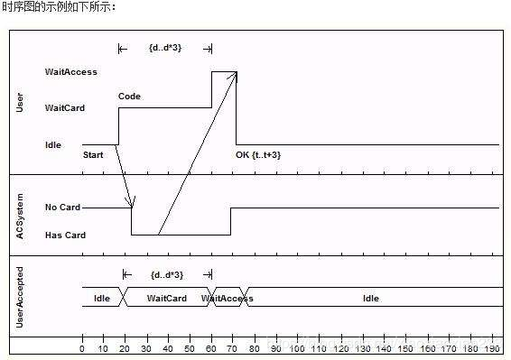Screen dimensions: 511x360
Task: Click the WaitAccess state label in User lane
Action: pos(70,71)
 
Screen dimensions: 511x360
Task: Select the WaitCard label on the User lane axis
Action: pos(65,108)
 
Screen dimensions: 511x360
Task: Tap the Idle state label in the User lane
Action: pos(53,144)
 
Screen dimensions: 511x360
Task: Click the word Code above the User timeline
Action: pos(129,97)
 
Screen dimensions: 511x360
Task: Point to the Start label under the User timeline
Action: pos(93,155)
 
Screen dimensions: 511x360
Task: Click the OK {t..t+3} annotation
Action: pos(258,155)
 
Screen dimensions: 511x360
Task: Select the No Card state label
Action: pos(62,208)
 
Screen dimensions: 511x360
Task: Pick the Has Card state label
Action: pos(64,235)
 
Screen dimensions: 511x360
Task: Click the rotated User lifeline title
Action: pos(21,101)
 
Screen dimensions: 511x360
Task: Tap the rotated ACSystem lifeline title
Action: pos(21,216)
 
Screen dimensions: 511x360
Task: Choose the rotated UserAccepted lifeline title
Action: pos(21,297)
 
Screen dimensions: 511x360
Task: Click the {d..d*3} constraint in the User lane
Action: pos(165,47)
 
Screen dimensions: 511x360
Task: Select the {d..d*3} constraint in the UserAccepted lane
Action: pos(166,274)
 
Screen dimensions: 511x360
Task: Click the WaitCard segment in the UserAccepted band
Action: pos(167,299)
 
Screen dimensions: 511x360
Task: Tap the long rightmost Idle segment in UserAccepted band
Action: pos(370,299)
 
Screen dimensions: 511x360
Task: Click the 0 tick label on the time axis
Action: pos(82,348)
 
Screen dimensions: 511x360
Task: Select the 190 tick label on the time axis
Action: pos(492,348)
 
